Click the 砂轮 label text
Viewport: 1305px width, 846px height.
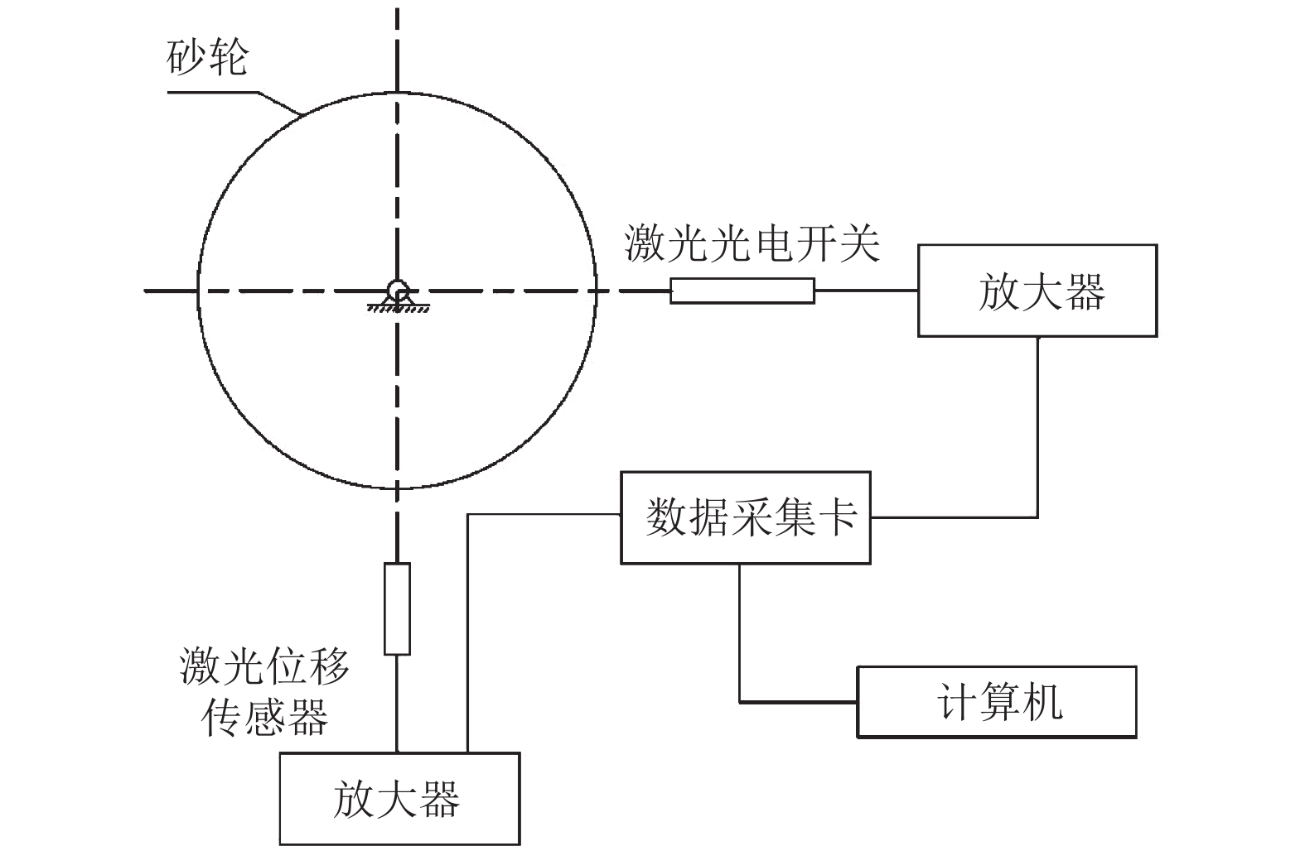coord(208,59)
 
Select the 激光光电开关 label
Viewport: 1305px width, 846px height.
coord(752,243)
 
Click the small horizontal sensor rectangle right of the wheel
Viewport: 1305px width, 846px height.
coord(742,291)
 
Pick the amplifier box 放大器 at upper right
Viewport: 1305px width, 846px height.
coord(1037,291)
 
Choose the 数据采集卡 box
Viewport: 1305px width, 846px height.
coord(745,517)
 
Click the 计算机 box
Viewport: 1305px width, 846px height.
coord(996,702)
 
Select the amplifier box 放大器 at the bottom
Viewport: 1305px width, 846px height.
coord(399,799)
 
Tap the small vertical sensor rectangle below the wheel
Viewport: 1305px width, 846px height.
coord(397,608)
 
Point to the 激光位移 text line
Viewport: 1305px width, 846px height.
coord(265,667)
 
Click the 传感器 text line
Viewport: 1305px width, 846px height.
coord(265,717)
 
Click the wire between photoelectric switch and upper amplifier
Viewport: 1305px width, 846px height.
coord(866,291)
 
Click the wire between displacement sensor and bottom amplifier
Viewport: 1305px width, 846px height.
coord(397,704)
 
